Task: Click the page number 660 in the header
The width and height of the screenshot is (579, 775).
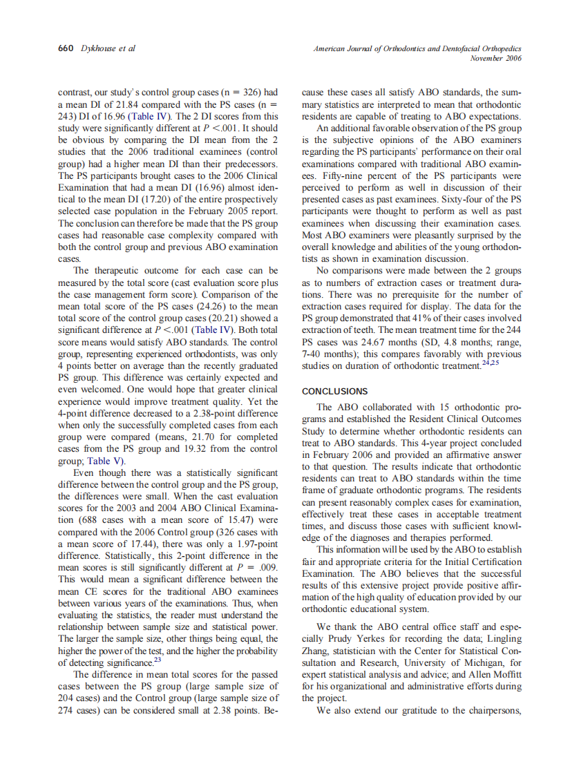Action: click(66, 48)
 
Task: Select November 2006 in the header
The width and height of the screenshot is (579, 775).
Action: click(495, 58)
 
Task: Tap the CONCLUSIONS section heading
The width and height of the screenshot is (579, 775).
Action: click(335, 391)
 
